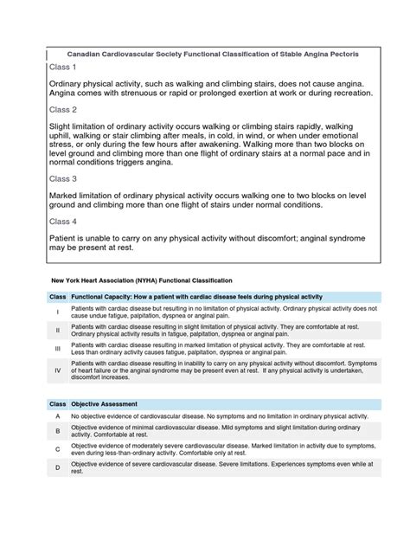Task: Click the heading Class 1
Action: coord(63,67)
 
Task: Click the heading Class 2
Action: coord(63,110)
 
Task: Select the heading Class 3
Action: coord(63,178)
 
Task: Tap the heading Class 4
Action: coord(63,221)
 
